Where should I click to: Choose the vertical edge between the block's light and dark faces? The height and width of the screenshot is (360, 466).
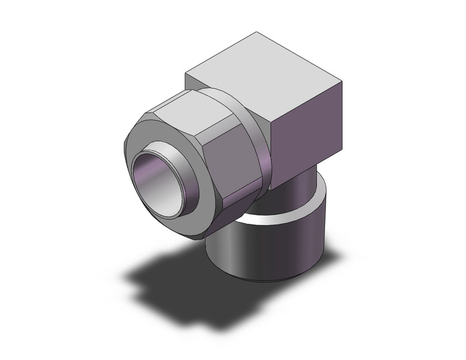tap(270, 150)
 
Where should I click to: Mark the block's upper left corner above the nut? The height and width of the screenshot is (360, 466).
tap(185, 74)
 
